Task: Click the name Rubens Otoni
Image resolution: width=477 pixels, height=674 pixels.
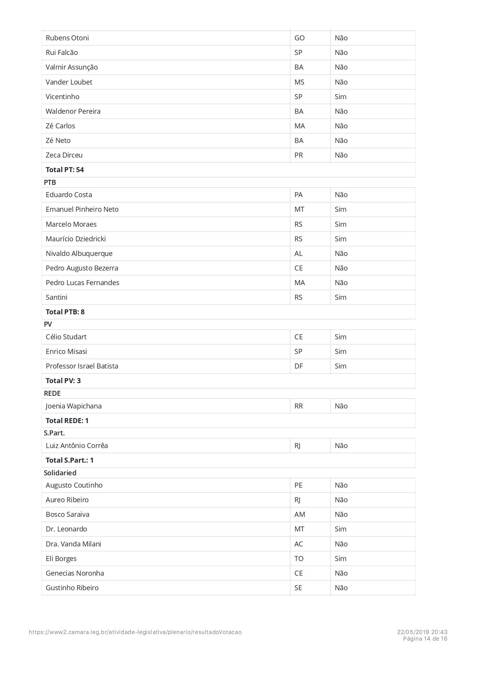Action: point(67,38)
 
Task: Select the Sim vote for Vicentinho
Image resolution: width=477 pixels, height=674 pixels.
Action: point(341,97)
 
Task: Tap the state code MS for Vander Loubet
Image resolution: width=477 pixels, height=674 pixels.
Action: point(299,82)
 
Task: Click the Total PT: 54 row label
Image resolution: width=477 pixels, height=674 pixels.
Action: point(65,170)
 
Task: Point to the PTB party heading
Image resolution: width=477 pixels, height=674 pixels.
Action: point(50,183)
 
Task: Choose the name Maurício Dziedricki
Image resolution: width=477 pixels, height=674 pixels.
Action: point(76,239)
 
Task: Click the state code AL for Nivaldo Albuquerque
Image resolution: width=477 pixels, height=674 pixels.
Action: point(298,254)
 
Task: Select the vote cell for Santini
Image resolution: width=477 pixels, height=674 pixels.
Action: point(341,297)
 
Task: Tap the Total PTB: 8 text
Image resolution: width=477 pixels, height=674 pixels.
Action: point(65,312)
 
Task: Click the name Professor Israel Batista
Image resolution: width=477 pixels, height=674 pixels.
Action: point(82,366)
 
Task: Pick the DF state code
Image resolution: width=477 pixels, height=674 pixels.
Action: point(299,366)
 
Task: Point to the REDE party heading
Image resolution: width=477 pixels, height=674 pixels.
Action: point(52,393)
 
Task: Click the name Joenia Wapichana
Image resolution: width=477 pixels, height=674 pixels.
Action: point(73,406)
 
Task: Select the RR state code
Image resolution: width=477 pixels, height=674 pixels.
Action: point(299,406)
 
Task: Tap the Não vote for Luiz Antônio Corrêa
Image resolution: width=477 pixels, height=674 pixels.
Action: point(341,446)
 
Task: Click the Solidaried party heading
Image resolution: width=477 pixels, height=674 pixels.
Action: point(60,473)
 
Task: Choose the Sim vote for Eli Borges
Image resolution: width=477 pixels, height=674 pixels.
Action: point(341,559)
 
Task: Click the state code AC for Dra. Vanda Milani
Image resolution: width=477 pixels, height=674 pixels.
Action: point(299,544)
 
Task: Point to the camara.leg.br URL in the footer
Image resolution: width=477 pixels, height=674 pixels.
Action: point(135,632)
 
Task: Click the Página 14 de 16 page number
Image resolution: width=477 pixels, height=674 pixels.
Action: point(425,639)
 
